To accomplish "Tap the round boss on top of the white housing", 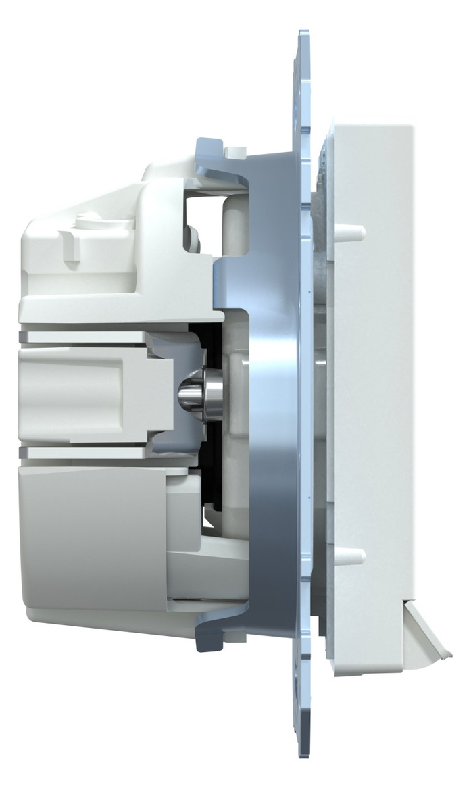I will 86,219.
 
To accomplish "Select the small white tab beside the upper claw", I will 234,152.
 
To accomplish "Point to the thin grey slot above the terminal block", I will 88,337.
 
